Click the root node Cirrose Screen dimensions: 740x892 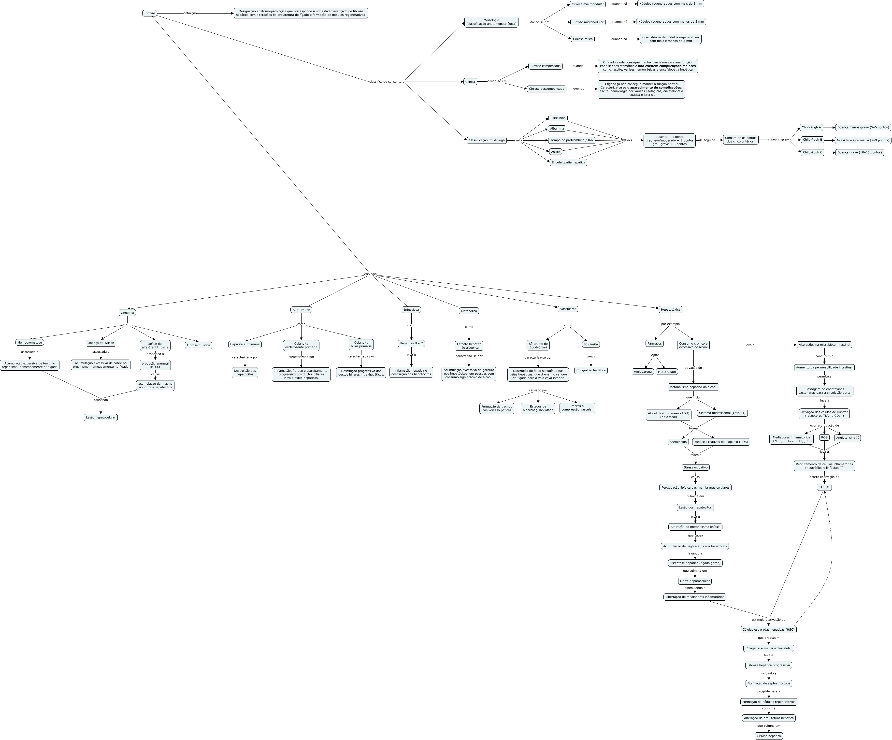point(149,13)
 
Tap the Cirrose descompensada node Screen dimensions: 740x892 point(547,89)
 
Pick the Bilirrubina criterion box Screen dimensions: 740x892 point(558,118)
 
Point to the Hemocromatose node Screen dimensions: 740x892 point(30,342)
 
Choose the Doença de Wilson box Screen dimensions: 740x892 point(101,343)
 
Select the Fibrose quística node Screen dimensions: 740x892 point(198,345)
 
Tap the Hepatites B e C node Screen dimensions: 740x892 point(411,343)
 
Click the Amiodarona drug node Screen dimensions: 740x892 point(643,372)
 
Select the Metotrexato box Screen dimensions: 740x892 point(667,372)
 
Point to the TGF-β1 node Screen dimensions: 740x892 point(824,487)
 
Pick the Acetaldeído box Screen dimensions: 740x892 point(678,442)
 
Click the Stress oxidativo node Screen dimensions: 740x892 point(695,467)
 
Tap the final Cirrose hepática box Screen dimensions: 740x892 point(769,736)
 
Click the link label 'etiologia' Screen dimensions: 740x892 point(370,274)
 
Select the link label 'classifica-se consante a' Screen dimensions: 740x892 point(387,82)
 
